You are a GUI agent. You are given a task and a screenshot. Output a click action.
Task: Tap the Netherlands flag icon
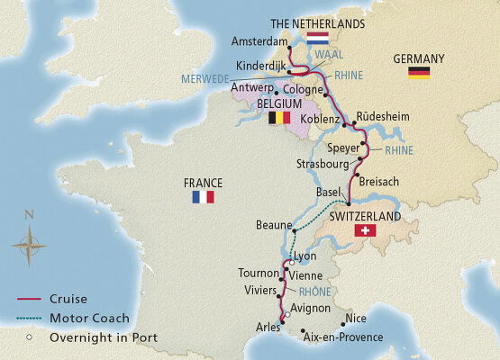click(317, 40)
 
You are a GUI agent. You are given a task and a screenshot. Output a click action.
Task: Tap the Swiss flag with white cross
click(366, 231)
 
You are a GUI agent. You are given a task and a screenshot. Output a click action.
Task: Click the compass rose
click(30, 242)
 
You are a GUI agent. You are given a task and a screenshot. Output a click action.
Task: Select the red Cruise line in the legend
click(30, 300)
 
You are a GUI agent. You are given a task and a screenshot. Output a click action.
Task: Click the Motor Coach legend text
click(90, 318)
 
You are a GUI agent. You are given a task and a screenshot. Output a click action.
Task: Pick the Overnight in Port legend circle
click(30, 337)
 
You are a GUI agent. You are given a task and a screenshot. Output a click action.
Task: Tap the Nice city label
click(355, 319)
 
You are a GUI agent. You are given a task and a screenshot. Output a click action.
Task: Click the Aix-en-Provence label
click(343, 337)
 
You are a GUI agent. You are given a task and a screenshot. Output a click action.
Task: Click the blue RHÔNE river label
click(314, 292)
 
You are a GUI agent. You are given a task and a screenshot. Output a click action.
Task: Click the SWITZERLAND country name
click(366, 217)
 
